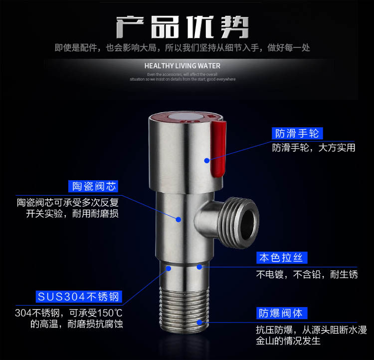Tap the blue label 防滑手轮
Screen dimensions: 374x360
(297, 133)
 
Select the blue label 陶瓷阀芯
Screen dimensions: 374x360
(94, 186)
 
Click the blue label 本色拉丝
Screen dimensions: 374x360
(282, 258)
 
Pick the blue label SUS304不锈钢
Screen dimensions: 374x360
(79, 296)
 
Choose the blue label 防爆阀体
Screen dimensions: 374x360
(282, 313)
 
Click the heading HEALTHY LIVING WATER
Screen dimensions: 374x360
(182, 65)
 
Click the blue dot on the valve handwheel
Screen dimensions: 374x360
(206, 160)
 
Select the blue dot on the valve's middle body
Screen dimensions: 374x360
(179, 218)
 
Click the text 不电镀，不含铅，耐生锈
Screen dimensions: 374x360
(307, 274)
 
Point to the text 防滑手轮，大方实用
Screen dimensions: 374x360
(313, 148)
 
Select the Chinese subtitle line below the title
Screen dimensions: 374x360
(183, 48)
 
